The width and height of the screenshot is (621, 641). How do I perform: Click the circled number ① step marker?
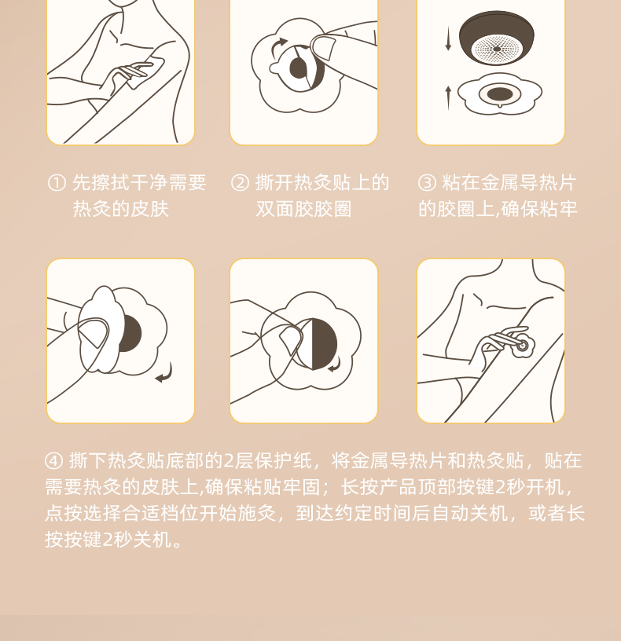57,183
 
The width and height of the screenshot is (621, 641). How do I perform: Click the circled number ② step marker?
240,183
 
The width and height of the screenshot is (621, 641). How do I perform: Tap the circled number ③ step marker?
427,183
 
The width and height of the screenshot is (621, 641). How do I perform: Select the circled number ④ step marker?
54,461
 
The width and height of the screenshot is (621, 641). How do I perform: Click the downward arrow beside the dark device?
448,38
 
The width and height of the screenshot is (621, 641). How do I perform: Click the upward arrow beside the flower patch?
448,98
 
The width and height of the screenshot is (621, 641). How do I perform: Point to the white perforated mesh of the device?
497,49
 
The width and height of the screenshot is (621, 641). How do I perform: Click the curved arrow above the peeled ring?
278,46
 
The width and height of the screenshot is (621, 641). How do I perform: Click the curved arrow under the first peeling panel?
165,373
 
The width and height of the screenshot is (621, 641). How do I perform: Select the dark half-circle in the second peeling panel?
325,344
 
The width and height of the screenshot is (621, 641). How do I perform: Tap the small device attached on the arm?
523,346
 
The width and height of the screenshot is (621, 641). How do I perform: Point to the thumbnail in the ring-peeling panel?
324,47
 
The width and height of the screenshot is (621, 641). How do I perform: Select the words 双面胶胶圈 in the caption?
303,209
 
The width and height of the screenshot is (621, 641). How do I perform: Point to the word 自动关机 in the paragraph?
470,513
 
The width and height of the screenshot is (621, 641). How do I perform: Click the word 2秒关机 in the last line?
137,539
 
